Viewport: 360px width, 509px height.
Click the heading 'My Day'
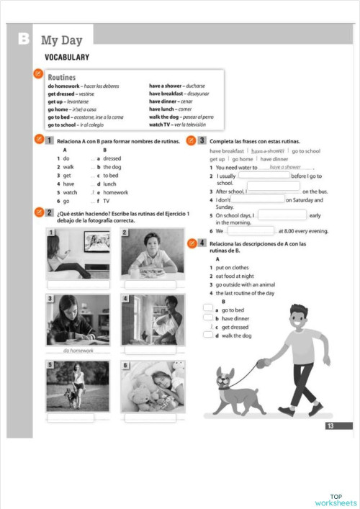(63, 41)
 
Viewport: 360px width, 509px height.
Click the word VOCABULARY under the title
(67, 57)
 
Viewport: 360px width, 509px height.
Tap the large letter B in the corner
(24, 40)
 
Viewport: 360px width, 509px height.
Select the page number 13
(330, 426)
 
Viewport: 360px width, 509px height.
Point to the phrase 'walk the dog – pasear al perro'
(181, 117)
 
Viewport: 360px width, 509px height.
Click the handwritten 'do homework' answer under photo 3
(78, 351)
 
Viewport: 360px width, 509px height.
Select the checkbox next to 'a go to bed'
(208, 309)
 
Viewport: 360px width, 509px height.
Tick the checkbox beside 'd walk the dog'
(208, 335)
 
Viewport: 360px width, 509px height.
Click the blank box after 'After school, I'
(274, 192)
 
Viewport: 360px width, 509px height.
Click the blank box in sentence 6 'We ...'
(250, 231)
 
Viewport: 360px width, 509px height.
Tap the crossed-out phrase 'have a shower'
(267, 151)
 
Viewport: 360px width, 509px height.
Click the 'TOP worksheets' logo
(335, 499)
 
